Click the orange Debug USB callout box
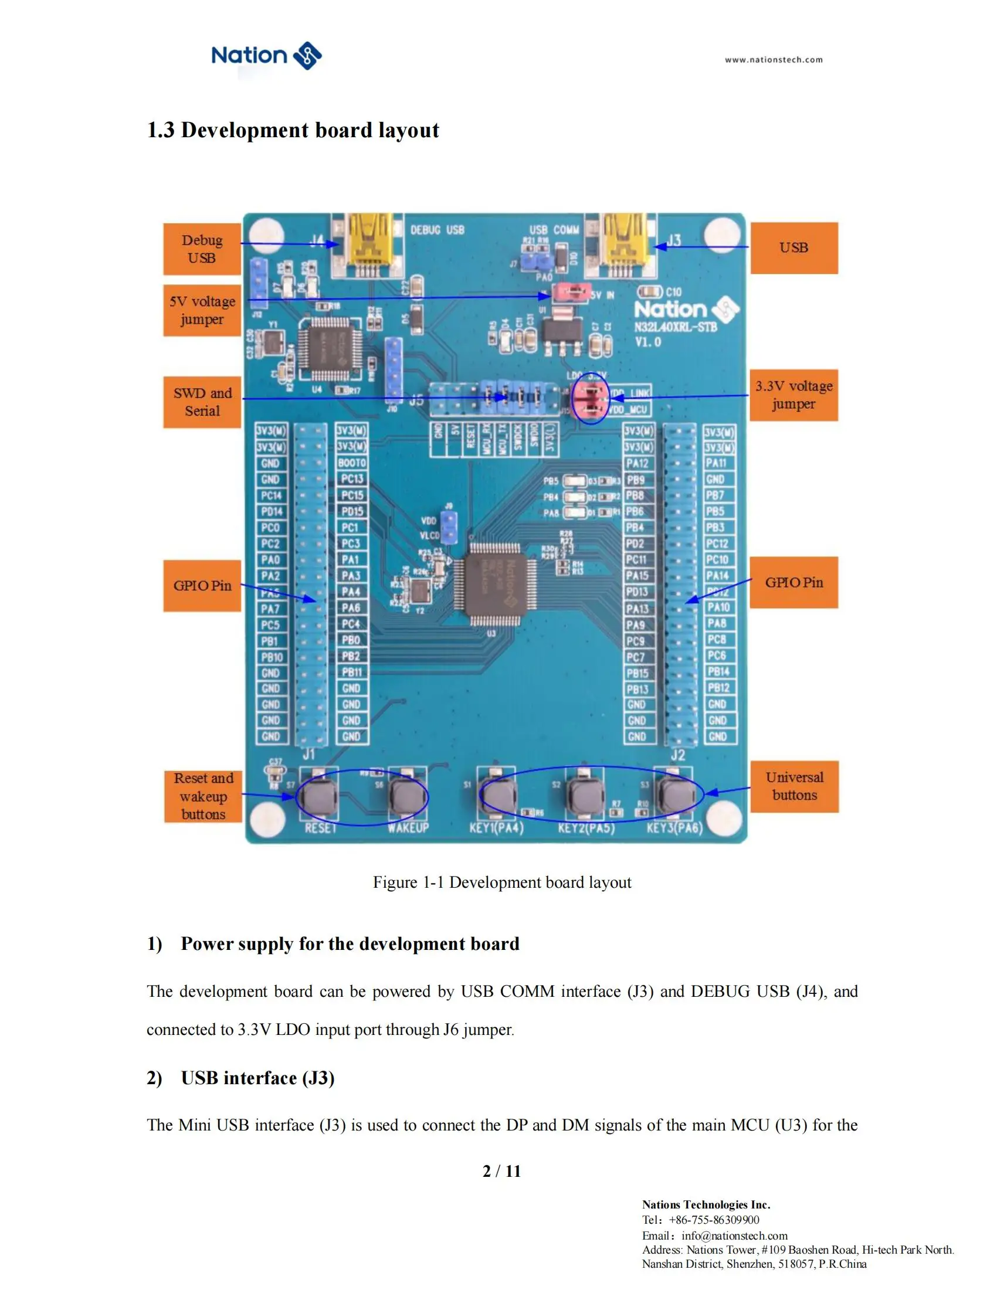tap(202, 249)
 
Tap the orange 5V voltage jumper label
tap(202, 310)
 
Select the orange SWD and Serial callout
tap(202, 402)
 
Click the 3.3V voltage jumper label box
tap(793, 395)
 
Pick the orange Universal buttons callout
tap(795, 786)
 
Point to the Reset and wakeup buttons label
tap(203, 796)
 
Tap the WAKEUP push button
tap(408, 797)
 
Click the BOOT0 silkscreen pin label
tap(352, 463)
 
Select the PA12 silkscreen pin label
tap(637, 463)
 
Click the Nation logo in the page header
tap(266, 56)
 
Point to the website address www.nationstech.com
tap(773, 60)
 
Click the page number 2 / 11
tap(501, 1171)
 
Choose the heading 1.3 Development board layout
tap(293, 130)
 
